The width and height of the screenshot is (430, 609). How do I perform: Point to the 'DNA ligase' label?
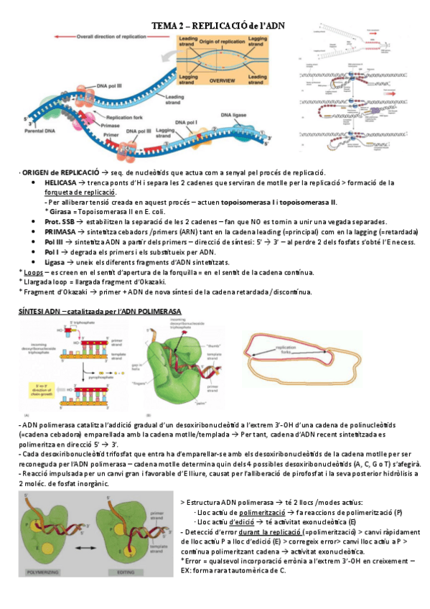[x=235, y=114]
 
